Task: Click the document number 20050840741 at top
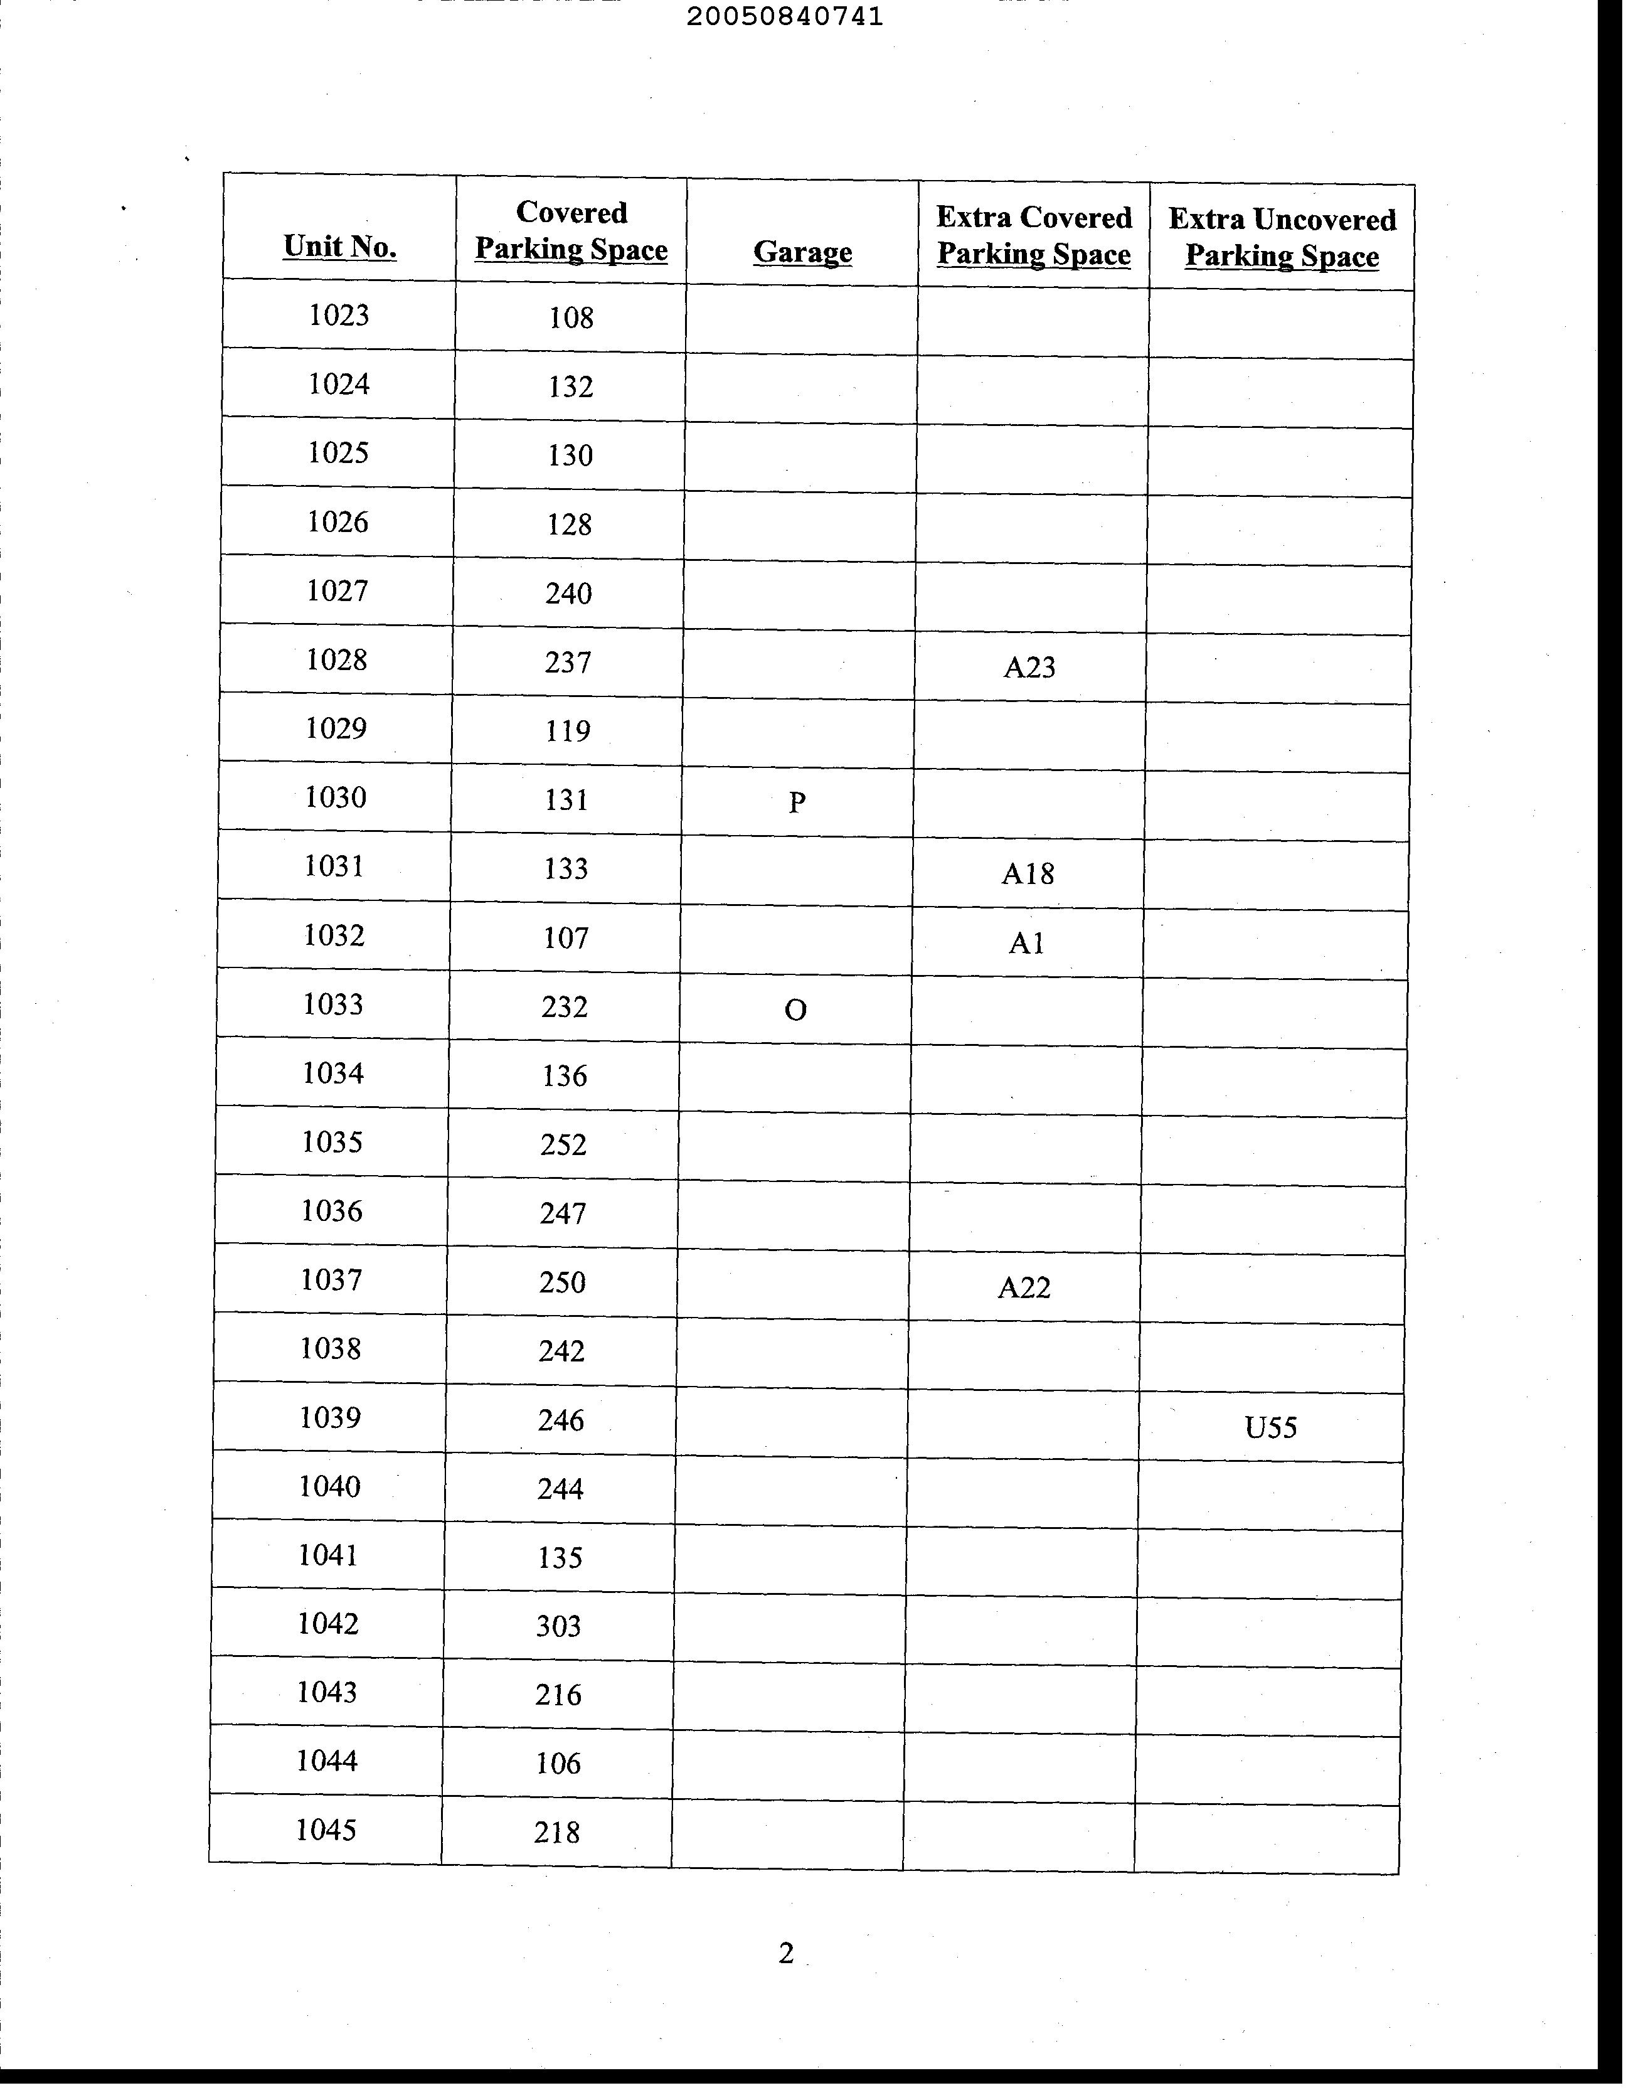pos(784,16)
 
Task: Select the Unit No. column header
pos(339,247)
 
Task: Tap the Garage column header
pos(802,252)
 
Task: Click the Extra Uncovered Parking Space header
pos(1282,237)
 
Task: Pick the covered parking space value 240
pos(569,594)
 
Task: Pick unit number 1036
pos(332,1212)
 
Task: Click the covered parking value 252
pos(563,1144)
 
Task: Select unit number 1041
pos(328,1555)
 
